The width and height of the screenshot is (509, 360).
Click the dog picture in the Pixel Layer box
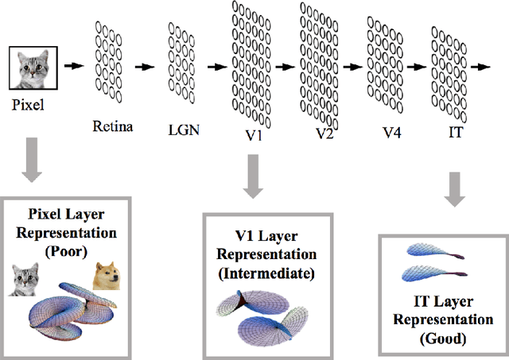click(106, 276)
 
